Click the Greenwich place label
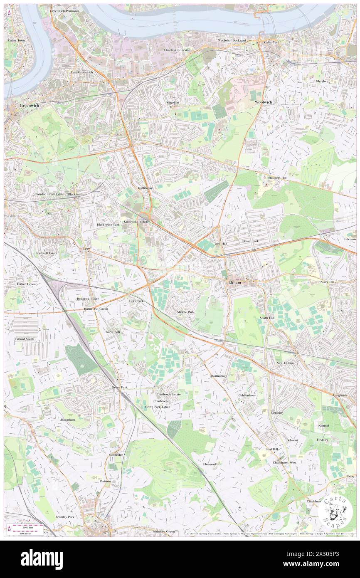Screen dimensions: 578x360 pyautogui.click(x=29, y=106)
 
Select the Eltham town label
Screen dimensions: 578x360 pyautogui.click(x=235, y=282)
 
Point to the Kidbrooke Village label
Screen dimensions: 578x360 pyautogui.click(x=136, y=222)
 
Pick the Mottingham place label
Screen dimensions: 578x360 pyautogui.click(x=219, y=375)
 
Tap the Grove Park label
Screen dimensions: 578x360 pyautogui.click(x=119, y=387)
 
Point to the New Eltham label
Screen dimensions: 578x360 pyautogui.click(x=285, y=363)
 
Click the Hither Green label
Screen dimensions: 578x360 pyautogui.click(x=26, y=284)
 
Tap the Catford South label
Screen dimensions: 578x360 pyautogui.click(x=25, y=339)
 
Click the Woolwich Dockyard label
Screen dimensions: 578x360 pyautogui.click(x=232, y=40)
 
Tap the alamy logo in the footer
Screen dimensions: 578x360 pyautogui.click(x=42, y=559)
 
